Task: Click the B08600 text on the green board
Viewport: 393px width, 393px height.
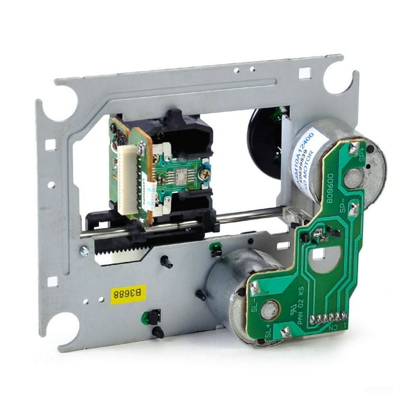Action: tap(330, 193)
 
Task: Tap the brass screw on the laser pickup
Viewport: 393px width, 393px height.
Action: tap(205, 175)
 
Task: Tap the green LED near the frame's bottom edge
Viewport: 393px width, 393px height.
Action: tap(145, 318)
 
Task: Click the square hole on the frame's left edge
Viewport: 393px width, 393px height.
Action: tap(50, 145)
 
